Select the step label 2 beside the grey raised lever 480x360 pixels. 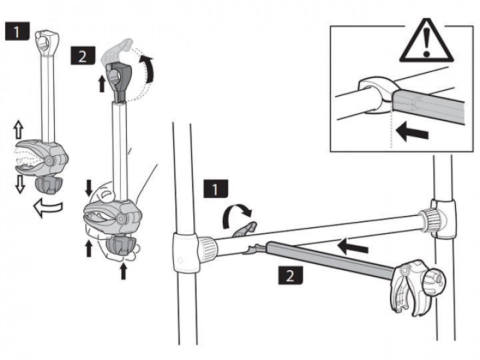[x=82, y=55]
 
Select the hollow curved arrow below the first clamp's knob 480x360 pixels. [x=47, y=208]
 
